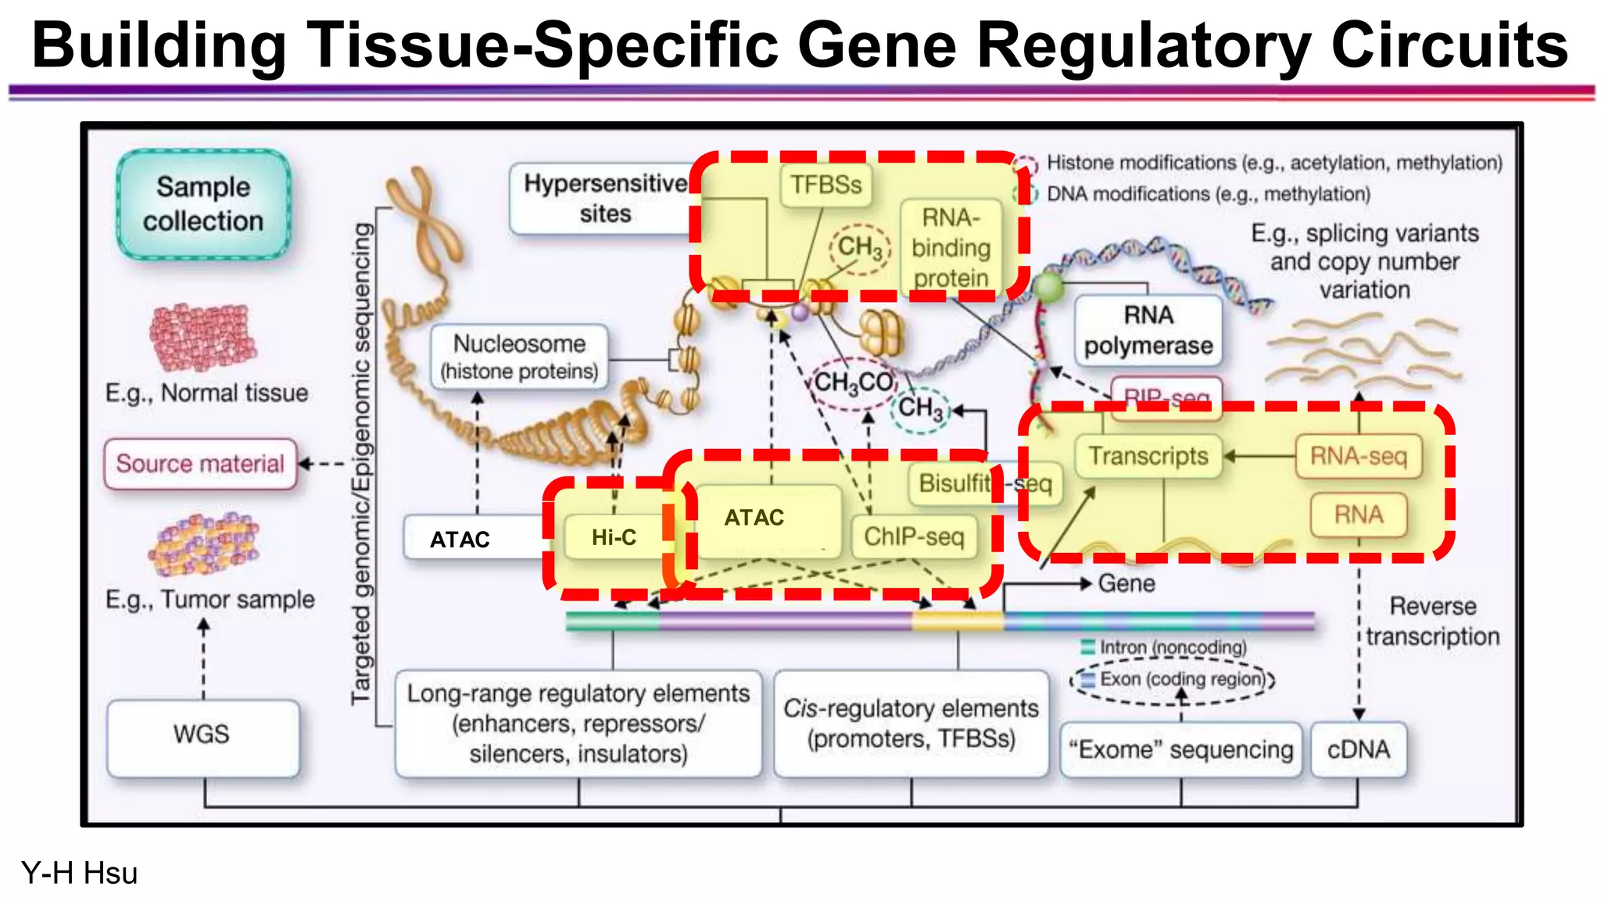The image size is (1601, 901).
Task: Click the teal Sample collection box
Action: pos(203,204)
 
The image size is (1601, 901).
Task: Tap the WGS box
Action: pos(202,735)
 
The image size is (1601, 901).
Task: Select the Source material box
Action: pos(201,464)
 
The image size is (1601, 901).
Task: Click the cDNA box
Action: pos(1359,749)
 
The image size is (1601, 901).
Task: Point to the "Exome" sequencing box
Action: pos(1180,749)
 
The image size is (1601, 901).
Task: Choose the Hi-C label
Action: pos(614,537)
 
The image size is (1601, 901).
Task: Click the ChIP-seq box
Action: pos(914,537)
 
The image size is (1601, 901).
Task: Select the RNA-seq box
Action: pos(1359,456)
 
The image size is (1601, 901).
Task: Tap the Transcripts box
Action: pos(1148,456)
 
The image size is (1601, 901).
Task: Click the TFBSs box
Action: pos(826,185)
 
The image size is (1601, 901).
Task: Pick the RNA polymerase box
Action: pos(1148,330)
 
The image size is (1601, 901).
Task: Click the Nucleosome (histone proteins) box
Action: pos(519,357)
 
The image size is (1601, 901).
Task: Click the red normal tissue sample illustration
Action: pos(203,337)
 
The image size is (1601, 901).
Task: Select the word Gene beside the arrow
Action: pos(1126,583)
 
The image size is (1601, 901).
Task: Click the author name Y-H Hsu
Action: pos(79,873)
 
